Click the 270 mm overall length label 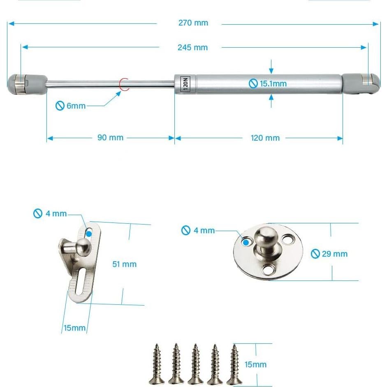coord(193,23)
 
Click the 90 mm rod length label coord(110,138)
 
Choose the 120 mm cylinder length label coord(265,138)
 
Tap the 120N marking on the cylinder coord(185,84)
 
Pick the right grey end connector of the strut coord(360,83)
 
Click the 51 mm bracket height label coord(124,264)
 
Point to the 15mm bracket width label coord(74,328)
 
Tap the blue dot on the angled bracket coord(89,234)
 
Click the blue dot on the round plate coord(246,242)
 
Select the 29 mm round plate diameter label coord(329,254)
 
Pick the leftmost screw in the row coord(157,364)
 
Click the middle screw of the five coord(195,364)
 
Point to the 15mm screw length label coord(255,364)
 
